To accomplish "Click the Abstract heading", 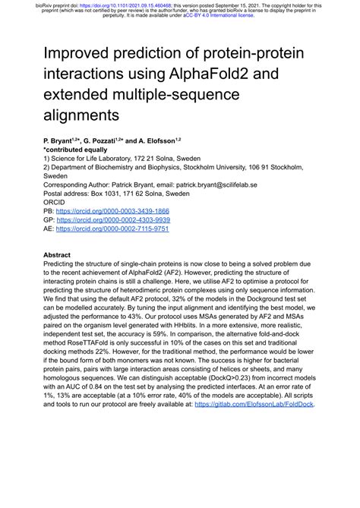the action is pyautogui.click(x=57, y=255).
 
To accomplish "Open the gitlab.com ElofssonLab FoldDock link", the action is pyautogui.click(x=254, y=404).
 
